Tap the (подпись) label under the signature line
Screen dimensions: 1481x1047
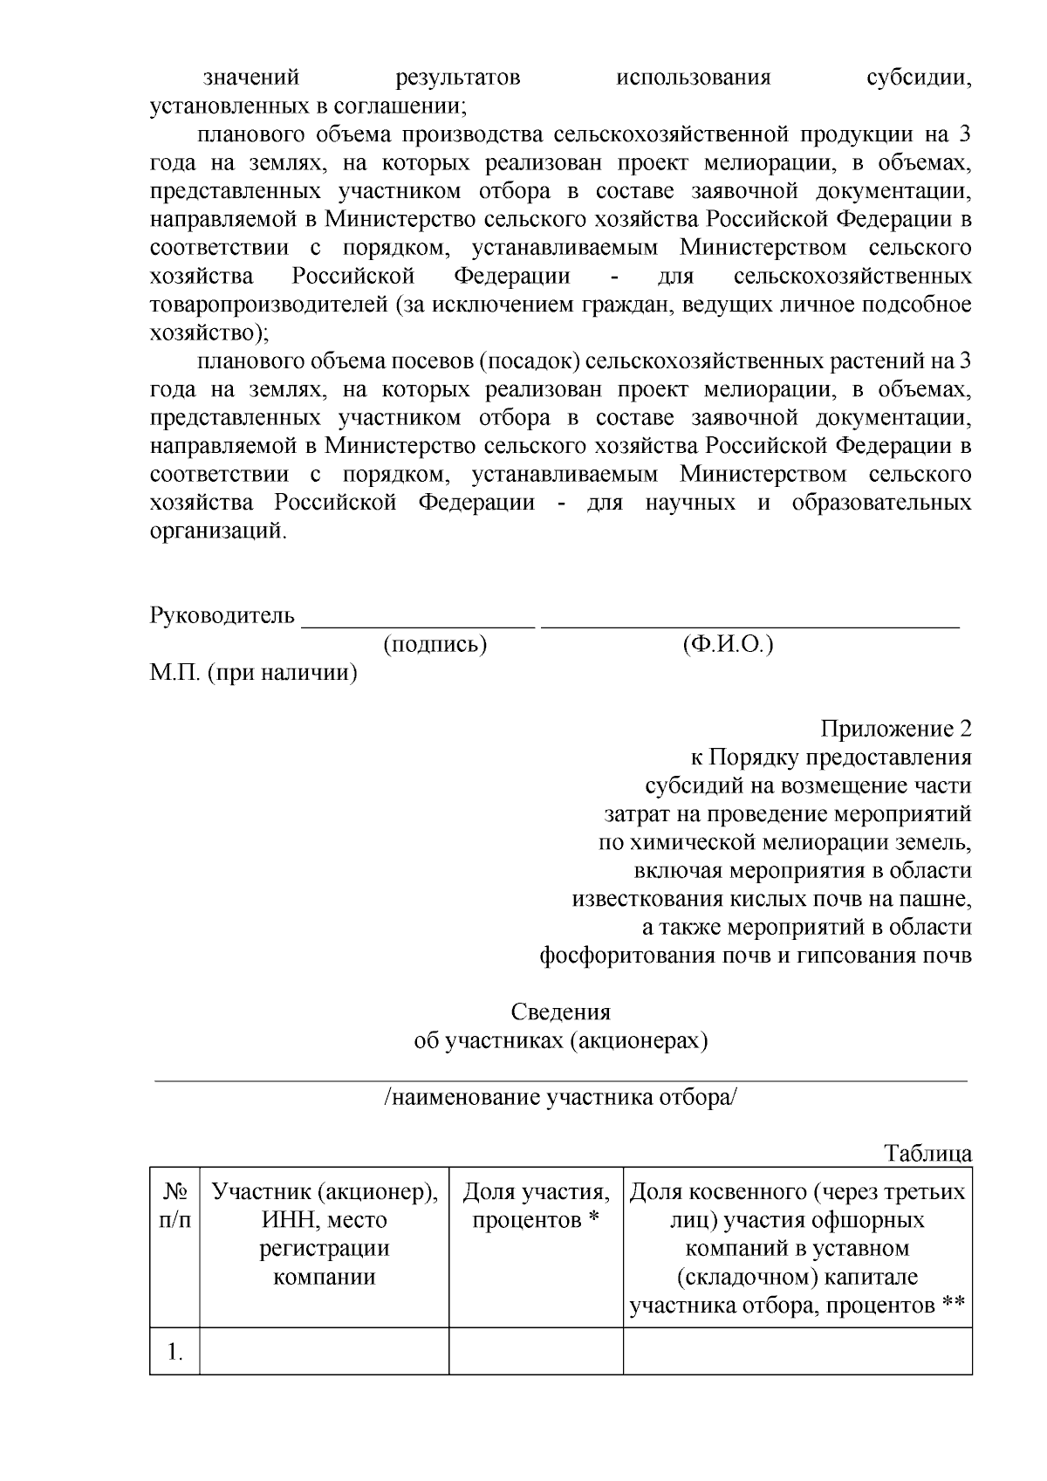(435, 645)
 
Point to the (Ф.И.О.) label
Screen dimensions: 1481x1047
(728, 645)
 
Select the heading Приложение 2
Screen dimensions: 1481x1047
(896, 729)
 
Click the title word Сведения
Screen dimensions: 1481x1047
(560, 1012)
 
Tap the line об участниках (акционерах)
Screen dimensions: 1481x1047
(560, 1041)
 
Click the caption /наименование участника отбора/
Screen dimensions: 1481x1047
(560, 1097)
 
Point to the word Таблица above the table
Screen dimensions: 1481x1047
(928, 1154)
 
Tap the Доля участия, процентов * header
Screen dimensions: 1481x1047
(536, 1205)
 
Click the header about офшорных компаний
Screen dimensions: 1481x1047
(797, 1248)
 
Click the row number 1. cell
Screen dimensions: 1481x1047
(174, 1352)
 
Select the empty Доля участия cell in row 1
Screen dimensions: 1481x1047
(536, 1352)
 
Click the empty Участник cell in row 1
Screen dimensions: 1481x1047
(325, 1352)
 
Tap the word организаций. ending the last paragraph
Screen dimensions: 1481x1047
(218, 531)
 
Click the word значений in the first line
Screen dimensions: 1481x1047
(251, 79)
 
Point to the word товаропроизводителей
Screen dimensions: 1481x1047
(269, 305)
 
